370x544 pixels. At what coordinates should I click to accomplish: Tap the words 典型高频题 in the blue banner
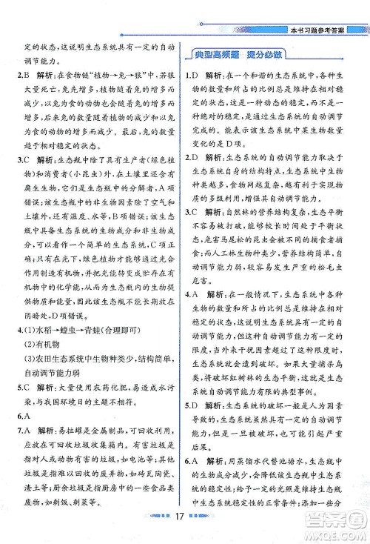[218, 56]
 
